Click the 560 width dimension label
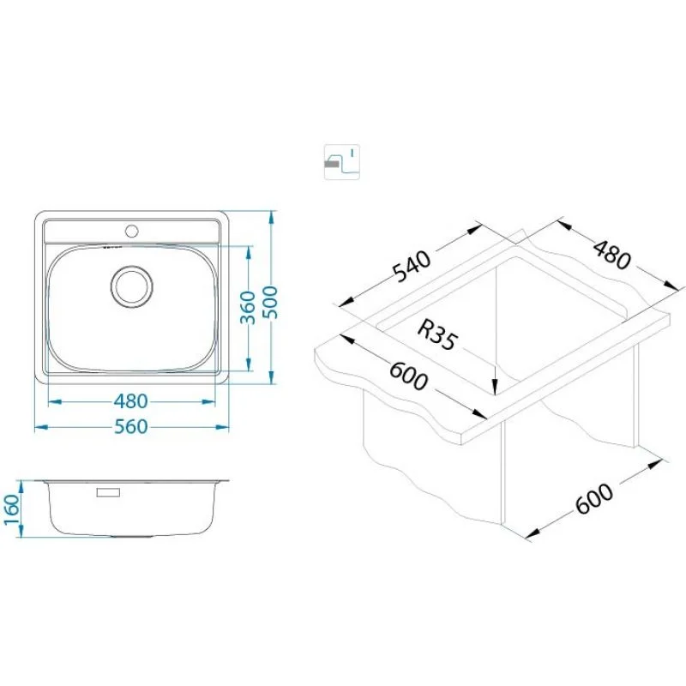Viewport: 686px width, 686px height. coord(131,426)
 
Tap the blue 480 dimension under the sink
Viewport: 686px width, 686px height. coord(131,401)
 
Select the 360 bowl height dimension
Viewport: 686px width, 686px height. coord(248,307)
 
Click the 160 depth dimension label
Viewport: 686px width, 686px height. coord(11,509)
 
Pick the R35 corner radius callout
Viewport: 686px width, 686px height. coord(436,334)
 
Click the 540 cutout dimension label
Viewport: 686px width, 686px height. coord(412,267)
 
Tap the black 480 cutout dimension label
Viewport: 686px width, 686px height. coord(612,254)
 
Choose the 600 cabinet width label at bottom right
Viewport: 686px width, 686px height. coord(594,499)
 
